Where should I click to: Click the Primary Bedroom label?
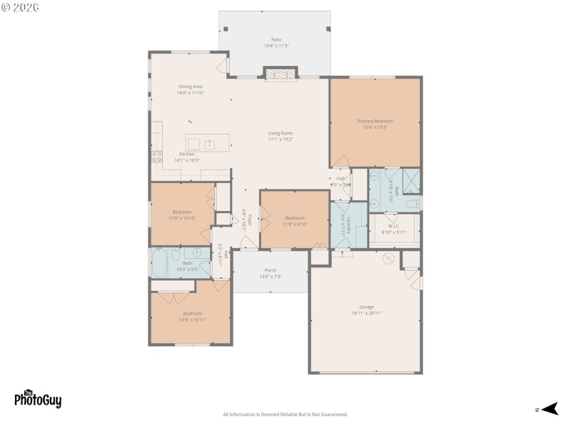pos(375,122)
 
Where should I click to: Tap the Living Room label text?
pos(281,133)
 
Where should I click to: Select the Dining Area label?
pos(190,87)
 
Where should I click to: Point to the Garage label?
pos(366,307)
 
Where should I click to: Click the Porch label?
pos(271,270)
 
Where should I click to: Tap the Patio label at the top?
pos(276,39)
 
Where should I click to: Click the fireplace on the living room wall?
pos(279,74)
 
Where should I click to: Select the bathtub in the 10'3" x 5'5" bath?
pos(159,262)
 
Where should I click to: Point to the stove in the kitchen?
pos(156,155)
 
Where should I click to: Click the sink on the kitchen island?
pos(210,144)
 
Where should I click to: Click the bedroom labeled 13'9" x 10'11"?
pos(192,316)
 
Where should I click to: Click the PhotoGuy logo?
pos(38,399)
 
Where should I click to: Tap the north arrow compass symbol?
pos(548,409)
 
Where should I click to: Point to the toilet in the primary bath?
pos(412,204)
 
